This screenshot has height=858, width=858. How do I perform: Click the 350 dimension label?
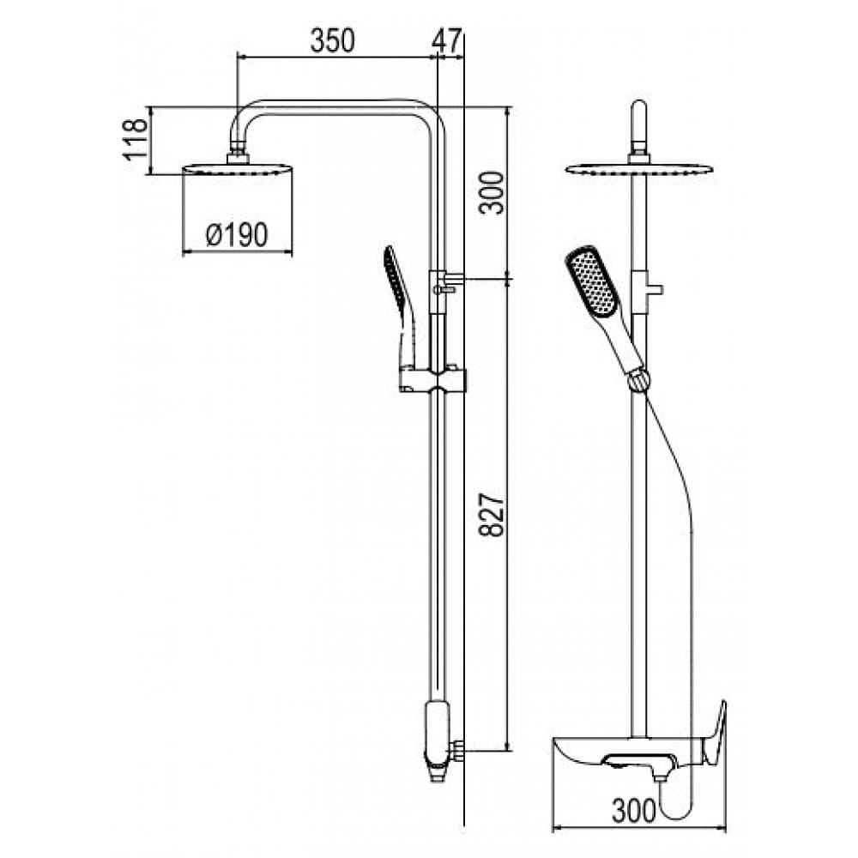click(x=333, y=40)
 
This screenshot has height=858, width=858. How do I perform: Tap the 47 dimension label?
click(x=446, y=40)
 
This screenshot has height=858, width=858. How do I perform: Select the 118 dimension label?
click(x=136, y=140)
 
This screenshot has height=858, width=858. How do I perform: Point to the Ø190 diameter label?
click(x=237, y=235)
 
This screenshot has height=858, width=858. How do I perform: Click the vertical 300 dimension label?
click(x=490, y=193)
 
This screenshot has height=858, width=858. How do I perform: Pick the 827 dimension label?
click(x=490, y=515)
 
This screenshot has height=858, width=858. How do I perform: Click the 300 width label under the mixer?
click(x=634, y=811)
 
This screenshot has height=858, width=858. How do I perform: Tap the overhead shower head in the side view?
click(x=237, y=168)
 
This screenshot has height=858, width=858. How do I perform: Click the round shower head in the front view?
click(x=639, y=168)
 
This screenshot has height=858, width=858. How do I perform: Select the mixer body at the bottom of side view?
click(x=438, y=740)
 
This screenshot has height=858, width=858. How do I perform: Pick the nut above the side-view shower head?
click(x=238, y=153)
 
